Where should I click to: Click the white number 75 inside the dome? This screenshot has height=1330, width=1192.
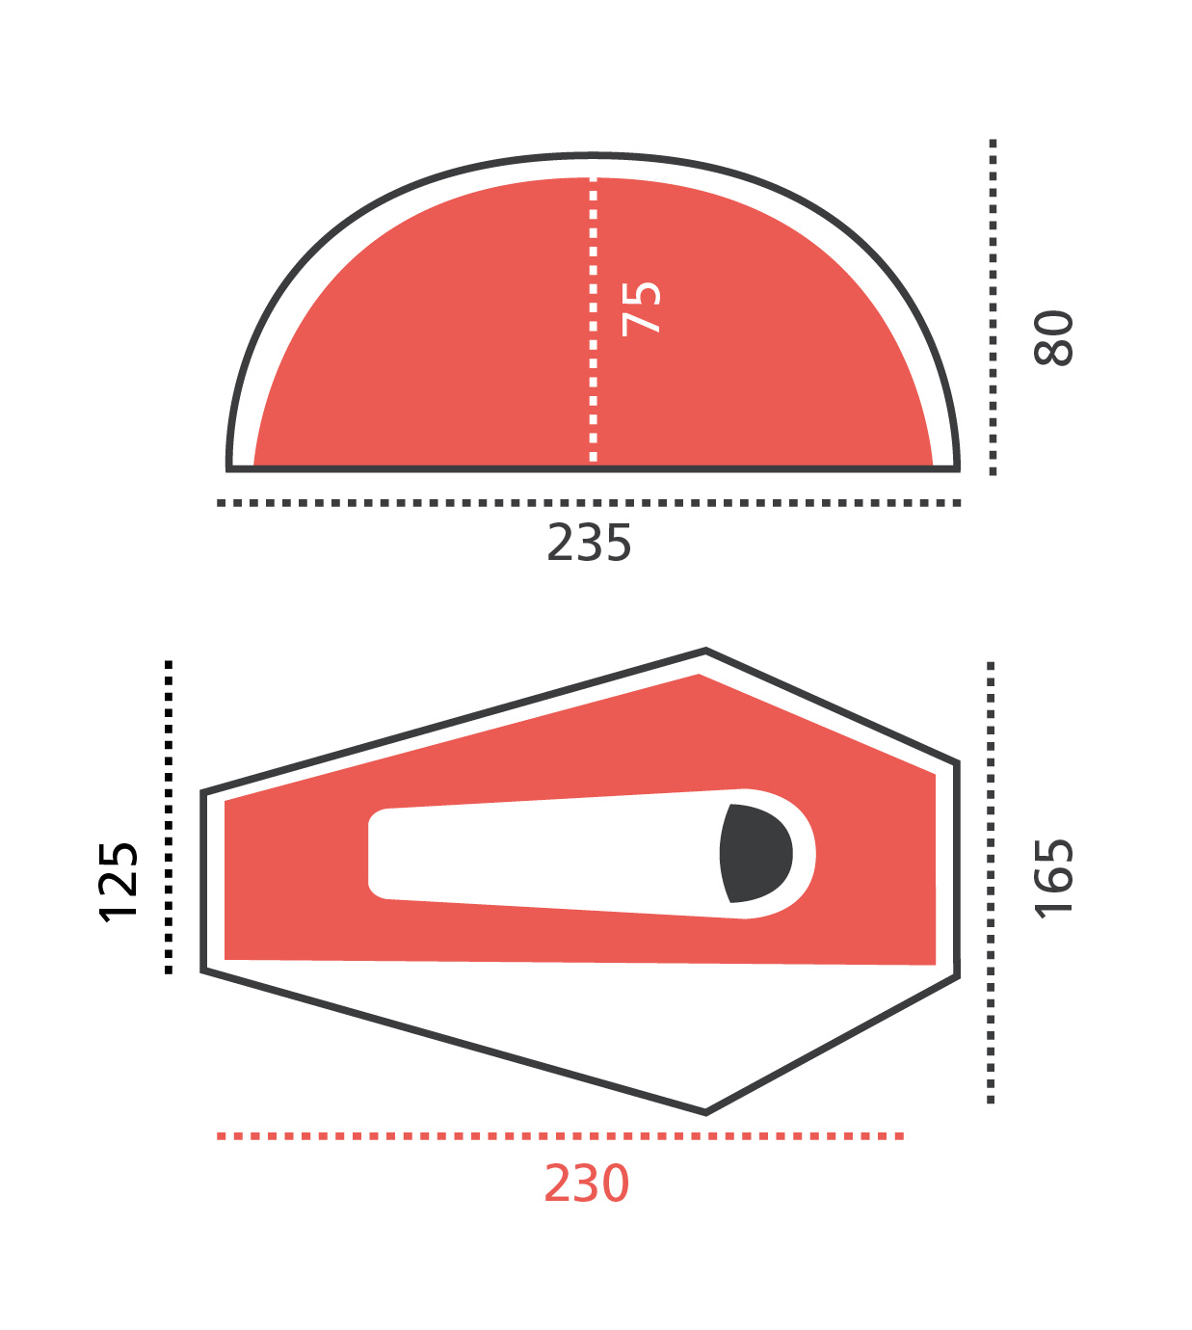(641, 309)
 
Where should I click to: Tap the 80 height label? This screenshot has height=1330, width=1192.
(1053, 337)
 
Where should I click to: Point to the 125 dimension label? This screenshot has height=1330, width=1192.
(119, 882)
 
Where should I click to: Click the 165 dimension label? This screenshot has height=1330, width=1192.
(1053, 878)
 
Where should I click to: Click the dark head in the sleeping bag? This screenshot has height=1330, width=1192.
(755, 853)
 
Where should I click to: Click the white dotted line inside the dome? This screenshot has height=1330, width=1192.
(594, 319)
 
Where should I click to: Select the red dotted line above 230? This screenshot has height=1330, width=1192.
(560, 1135)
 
